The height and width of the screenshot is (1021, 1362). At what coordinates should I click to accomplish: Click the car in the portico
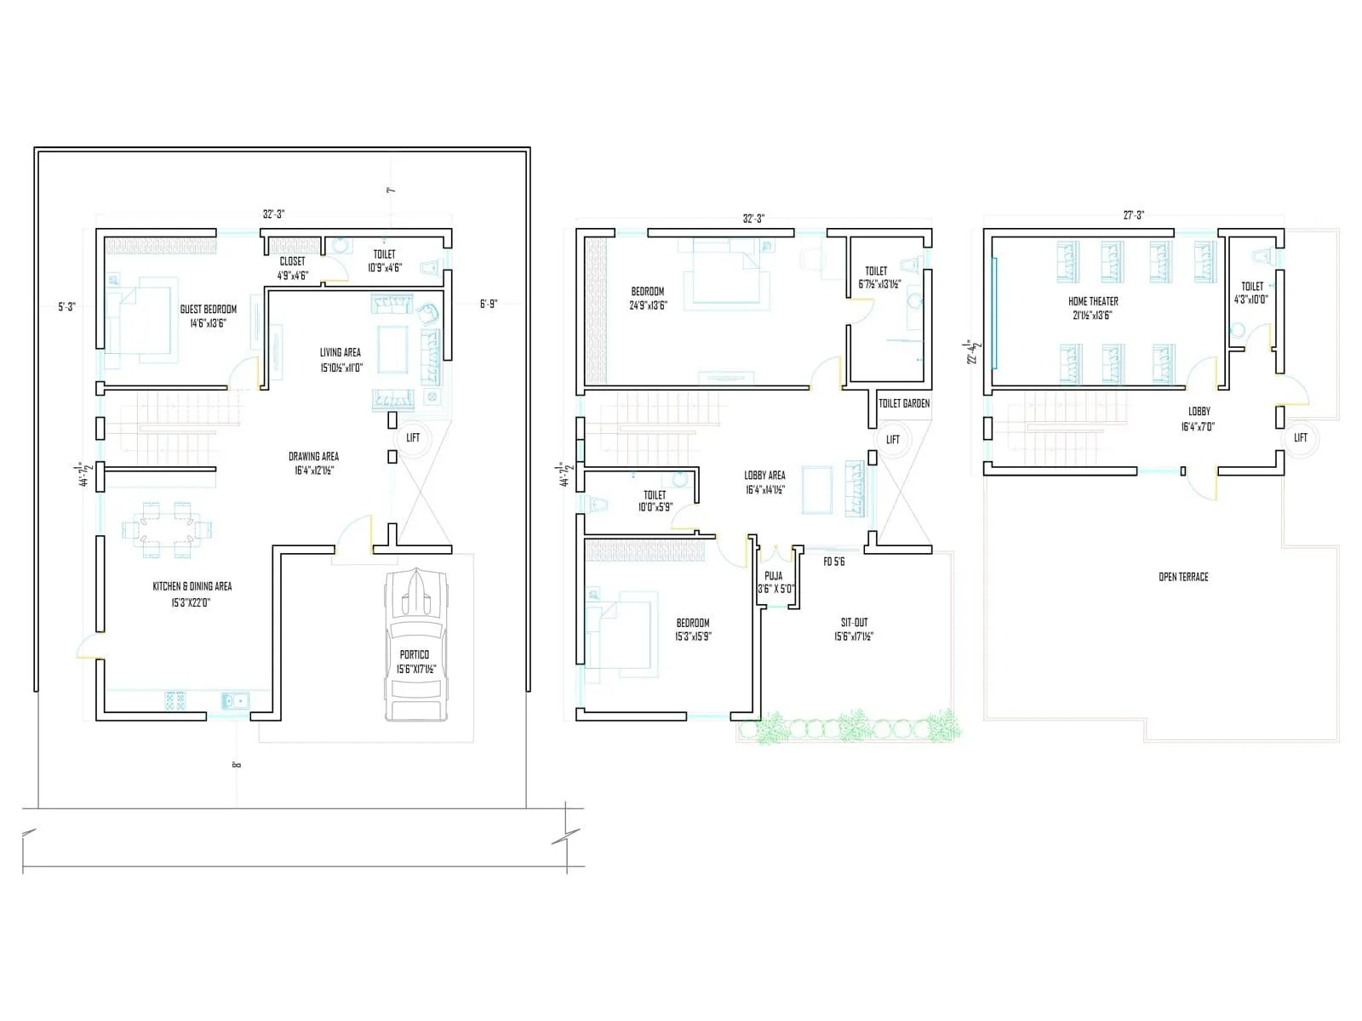(415, 647)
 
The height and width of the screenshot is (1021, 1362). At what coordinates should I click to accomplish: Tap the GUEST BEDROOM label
(208, 310)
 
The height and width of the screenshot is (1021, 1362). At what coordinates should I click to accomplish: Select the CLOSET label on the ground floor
(292, 261)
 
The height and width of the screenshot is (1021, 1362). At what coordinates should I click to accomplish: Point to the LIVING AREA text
(340, 352)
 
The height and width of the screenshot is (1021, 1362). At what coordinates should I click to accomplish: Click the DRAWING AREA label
(313, 457)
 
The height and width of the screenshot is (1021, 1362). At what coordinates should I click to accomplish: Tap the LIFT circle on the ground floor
(413, 438)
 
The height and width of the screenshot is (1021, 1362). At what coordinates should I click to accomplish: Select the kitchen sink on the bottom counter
(235, 701)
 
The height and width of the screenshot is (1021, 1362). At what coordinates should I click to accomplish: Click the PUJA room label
(774, 576)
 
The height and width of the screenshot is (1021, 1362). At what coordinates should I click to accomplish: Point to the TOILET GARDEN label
(904, 403)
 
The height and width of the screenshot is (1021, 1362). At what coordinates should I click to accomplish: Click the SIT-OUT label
(854, 623)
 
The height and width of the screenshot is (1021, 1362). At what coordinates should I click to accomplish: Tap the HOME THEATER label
(1093, 301)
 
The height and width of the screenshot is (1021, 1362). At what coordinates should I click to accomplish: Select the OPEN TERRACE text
(1183, 577)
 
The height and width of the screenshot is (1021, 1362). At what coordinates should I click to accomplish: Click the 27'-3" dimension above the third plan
(1133, 216)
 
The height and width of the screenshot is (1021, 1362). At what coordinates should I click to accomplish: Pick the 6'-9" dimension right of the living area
(488, 304)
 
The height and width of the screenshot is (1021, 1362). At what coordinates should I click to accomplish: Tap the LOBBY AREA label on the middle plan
(764, 476)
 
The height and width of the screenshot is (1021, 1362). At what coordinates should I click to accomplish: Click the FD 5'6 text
(833, 562)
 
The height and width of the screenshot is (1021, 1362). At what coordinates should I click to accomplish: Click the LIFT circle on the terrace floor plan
(1301, 437)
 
